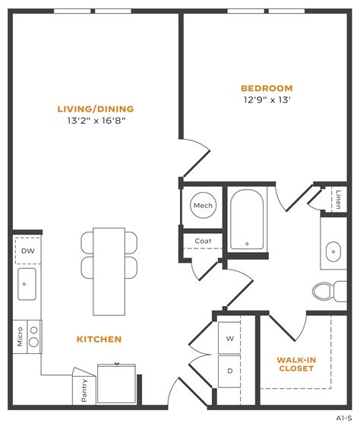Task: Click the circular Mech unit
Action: click(x=203, y=205)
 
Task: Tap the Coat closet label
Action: click(x=202, y=242)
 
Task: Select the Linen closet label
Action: click(x=337, y=198)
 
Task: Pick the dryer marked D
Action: click(x=230, y=371)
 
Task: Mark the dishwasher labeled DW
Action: click(x=27, y=251)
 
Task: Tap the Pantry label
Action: click(x=84, y=391)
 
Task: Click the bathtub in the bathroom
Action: click(x=247, y=220)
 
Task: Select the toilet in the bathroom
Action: click(x=325, y=292)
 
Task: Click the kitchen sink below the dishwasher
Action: click(x=27, y=284)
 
